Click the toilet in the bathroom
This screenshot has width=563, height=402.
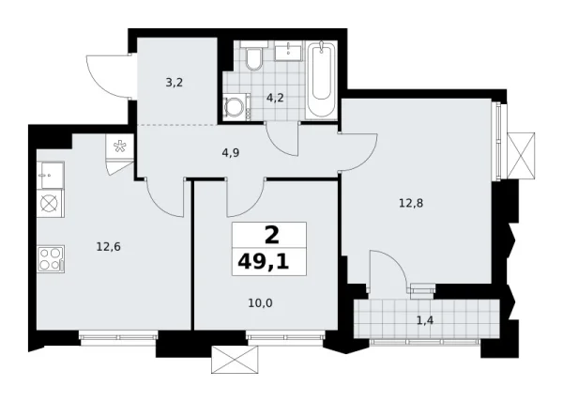click(251, 61)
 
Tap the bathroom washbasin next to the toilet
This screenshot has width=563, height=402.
click(286, 52)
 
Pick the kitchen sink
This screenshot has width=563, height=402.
click(50, 173)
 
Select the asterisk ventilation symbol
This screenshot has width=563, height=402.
click(120, 145)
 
